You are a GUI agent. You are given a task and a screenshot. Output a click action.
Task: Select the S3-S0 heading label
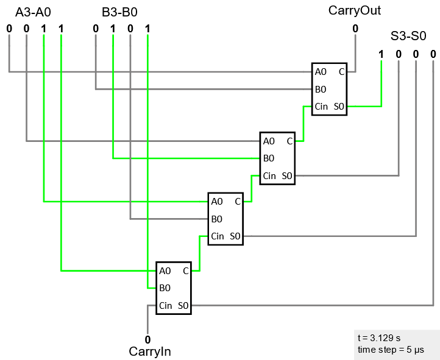pos(408,35)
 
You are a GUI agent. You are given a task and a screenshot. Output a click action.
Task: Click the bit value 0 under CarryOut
pos(355,28)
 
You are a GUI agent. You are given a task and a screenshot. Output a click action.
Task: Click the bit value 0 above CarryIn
pos(147,339)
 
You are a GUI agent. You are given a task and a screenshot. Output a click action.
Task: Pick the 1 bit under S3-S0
pos(381,54)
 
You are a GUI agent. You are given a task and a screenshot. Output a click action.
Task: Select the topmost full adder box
pos(329,89)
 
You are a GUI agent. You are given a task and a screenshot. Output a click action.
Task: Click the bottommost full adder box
pos(174,288)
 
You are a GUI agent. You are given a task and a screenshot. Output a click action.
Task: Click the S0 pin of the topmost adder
pos(339,107)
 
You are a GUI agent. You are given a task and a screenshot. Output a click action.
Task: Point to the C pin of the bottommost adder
pos(185,270)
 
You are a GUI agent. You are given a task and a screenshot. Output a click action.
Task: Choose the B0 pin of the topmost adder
pos(321,90)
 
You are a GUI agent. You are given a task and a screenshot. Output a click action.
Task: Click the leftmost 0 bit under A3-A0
pos(9,28)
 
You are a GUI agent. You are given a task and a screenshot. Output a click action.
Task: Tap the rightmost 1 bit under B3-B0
pos(147,28)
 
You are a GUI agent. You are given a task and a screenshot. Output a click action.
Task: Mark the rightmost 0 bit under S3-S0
pos(433,54)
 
